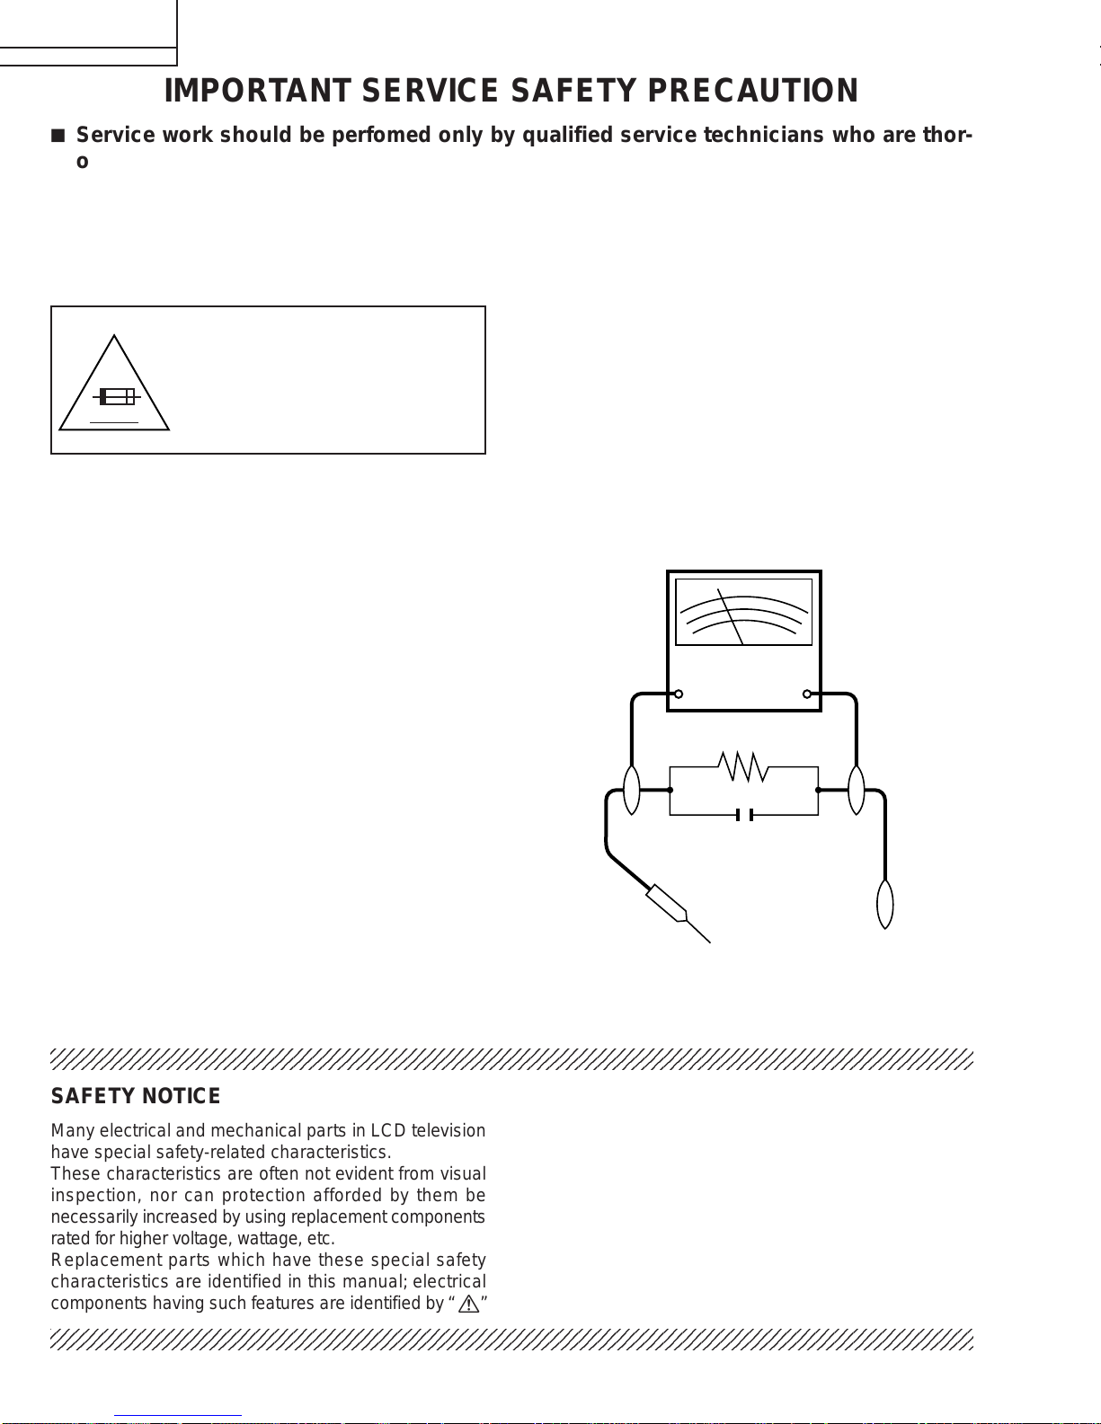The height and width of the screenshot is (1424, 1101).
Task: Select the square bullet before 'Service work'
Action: pos(58,136)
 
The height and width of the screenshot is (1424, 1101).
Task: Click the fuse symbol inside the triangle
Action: pos(116,396)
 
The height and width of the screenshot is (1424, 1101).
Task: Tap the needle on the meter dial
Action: pos(731,616)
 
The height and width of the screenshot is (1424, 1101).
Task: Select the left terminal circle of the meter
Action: pos(679,694)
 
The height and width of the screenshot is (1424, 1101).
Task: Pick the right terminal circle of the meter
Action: pos(807,694)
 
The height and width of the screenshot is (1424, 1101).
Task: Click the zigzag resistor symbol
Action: pos(743,767)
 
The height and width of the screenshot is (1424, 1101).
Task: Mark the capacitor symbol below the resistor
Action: pos(743,815)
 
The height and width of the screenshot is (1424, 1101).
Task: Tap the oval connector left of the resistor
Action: pos(632,790)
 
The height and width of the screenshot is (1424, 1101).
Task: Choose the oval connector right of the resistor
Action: pos(857,790)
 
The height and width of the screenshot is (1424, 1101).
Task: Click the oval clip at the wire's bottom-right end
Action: pos(885,904)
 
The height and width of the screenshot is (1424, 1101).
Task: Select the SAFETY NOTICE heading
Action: pos(136,1096)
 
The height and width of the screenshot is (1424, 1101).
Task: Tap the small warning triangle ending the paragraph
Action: pos(468,1304)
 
